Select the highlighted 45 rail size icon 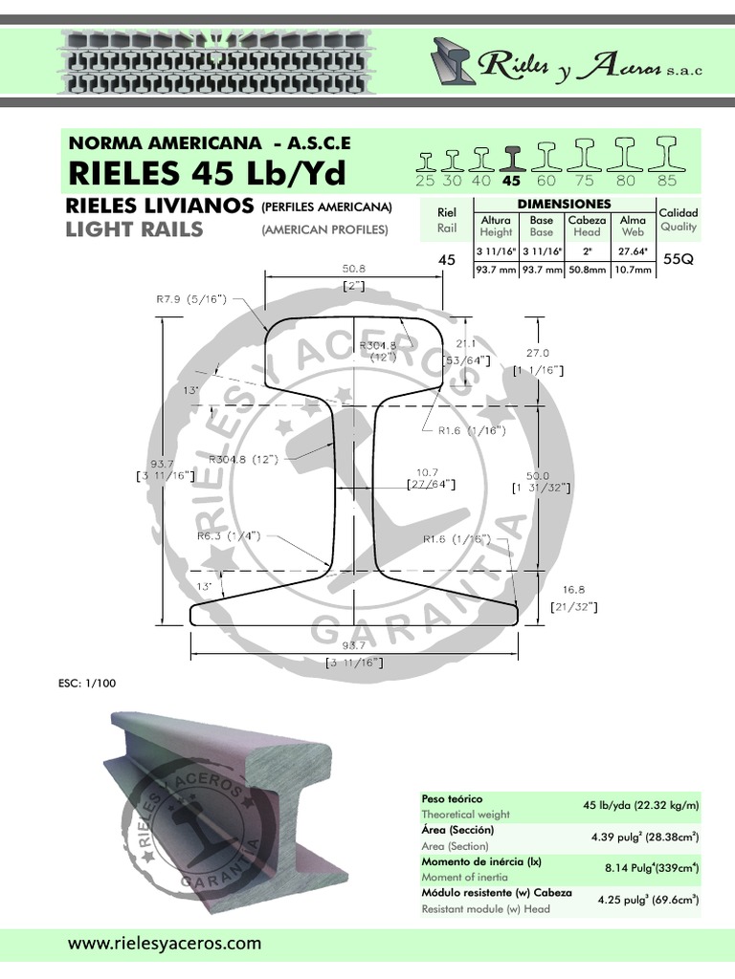[512, 157]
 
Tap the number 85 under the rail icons [667, 180]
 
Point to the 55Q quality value [678, 258]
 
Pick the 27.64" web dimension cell [633, 251]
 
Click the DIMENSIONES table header [564, 205]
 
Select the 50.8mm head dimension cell [587, 271]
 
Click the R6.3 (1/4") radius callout [230, 535]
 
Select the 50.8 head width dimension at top [354, 270]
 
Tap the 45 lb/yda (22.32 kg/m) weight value [640, 807]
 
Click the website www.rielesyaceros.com [164, 943]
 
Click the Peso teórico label [452, 798]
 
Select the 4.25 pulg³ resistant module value [647, 900]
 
